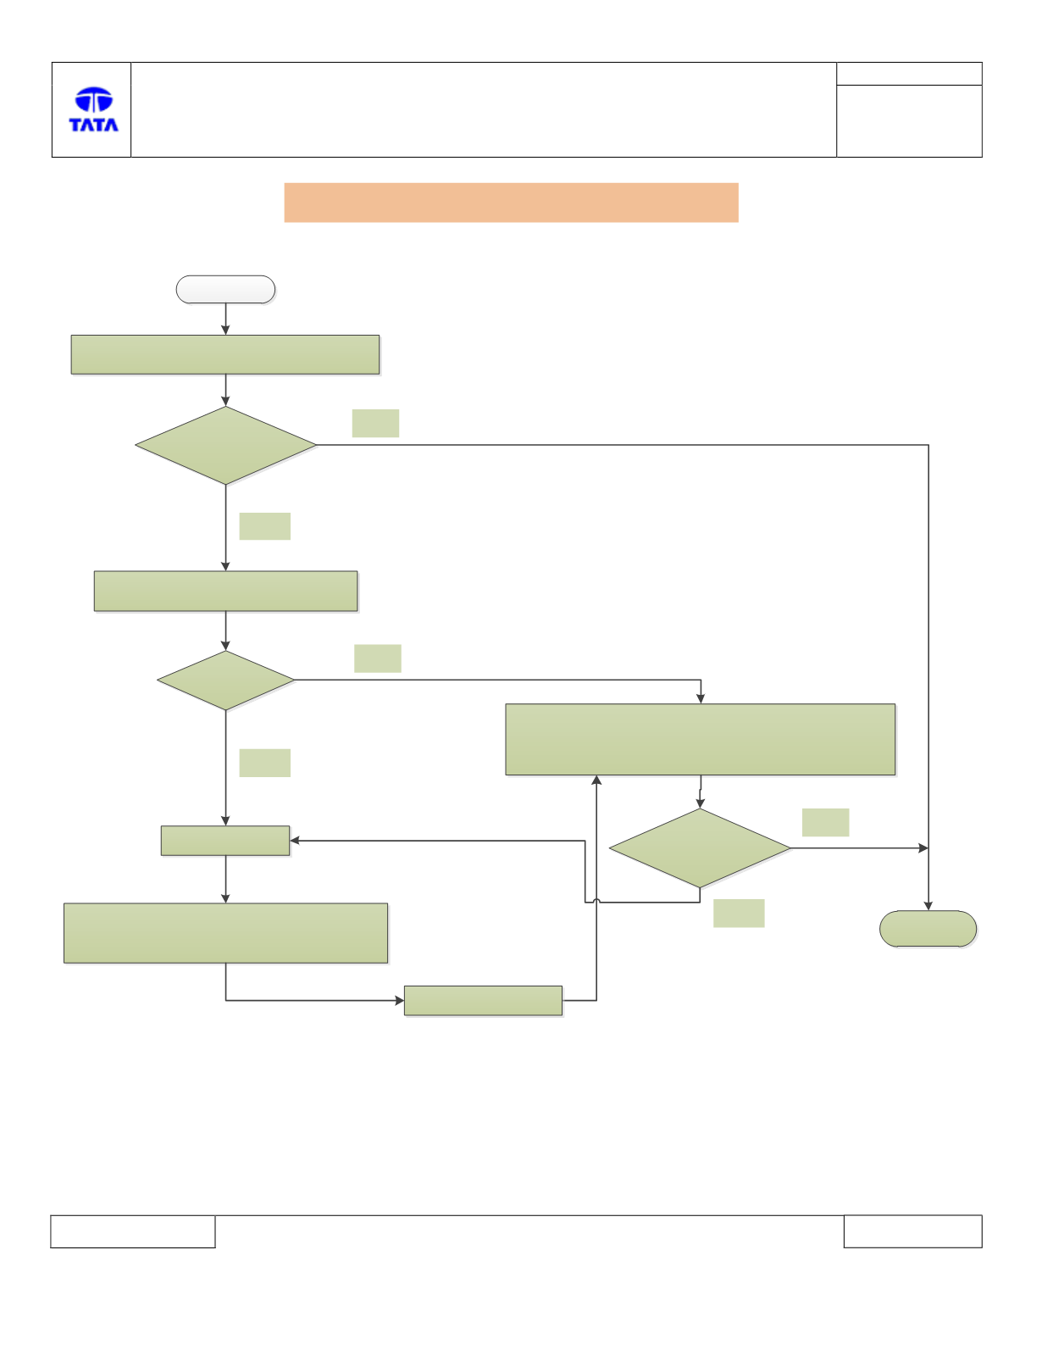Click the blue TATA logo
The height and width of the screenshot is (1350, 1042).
[x=93, y=109]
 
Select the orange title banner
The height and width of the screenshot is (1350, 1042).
[x=511, y=203]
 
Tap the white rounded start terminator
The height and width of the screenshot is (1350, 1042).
[x=225, y=290]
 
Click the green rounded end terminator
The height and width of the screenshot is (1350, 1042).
[x=928, y=929]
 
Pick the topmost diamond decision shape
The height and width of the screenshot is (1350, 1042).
[x=225, y=446]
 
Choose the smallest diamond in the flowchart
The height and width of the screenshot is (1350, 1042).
[x=225, y=681]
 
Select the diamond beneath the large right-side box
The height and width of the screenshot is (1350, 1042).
[x=700, y=848]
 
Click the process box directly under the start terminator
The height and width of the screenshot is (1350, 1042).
[x=225, y=355]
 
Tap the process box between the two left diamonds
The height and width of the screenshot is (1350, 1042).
[x=225, y=591]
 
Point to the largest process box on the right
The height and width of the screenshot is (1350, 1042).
[x=701, y=739]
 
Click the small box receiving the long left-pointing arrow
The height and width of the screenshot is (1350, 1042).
[x=225, y=841]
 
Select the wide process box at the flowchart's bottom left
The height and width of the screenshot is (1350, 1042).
[x=225, y=933]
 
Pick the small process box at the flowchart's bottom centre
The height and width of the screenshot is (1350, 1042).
[x=483, y=1000]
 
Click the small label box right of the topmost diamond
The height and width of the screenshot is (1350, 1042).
[x=375, y=423]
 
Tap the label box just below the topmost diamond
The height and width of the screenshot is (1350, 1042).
[x=265, y=526]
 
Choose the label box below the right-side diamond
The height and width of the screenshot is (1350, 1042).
[x=739, y=914]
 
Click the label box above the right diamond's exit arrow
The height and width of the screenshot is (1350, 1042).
[x=825, y=823]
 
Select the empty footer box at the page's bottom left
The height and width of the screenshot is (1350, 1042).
[x=133, y=1231]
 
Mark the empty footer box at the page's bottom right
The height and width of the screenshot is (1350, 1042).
[x=913, y=1231]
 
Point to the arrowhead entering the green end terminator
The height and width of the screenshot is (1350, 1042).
[x=928, y=907]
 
